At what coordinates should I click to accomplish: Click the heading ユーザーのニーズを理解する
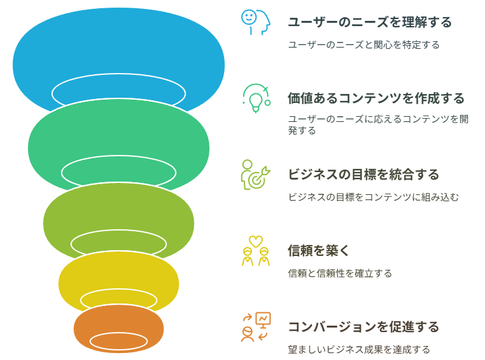point(370,22)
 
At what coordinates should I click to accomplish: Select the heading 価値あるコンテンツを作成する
point(376,98)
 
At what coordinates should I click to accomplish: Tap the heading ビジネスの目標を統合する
point(364,175)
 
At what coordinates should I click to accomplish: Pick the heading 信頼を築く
point(319,251)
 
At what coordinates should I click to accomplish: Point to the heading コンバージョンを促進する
point(364,327)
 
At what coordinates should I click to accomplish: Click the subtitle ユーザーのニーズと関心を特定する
point(364,45)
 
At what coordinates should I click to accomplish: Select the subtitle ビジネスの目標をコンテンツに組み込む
point(373,197)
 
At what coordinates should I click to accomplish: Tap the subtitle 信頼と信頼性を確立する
point(340,274)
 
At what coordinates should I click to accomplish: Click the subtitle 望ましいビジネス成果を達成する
point(359,349)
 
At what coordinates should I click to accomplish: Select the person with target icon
point(255,175)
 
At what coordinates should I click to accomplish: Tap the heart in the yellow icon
point(256,241)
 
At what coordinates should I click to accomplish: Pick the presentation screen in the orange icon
point(263,319)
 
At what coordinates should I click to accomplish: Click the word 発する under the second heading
point(302,131)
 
